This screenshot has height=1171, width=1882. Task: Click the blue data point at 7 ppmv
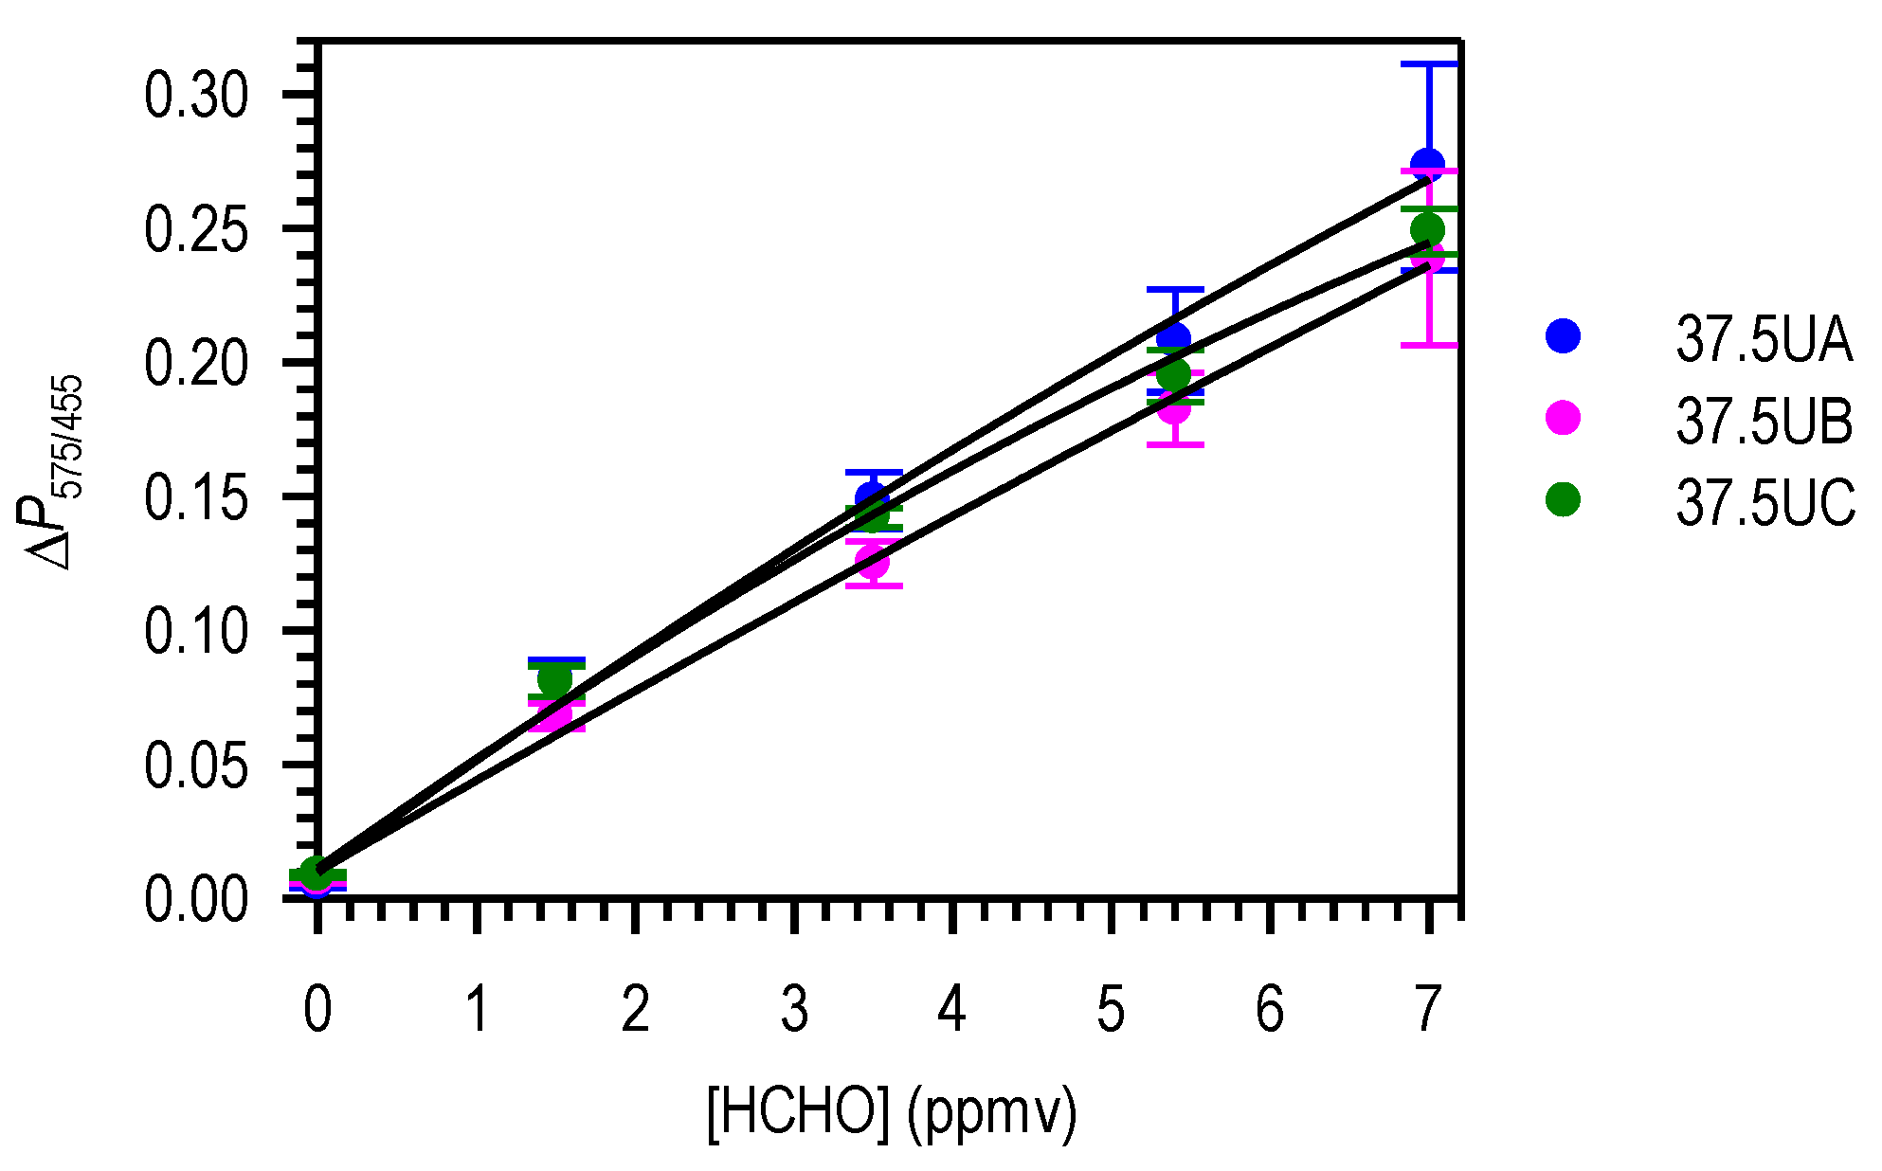[1427, 165]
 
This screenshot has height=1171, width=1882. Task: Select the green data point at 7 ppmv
[1427, 229]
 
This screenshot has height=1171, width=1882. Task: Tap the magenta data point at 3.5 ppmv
[873, 562]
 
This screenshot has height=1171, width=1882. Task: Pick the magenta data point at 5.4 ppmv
[1174, 408]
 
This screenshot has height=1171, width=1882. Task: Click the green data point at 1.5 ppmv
[555, 679]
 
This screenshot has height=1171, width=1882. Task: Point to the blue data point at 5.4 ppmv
[1174, 338]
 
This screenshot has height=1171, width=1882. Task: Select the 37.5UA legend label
[1764, 339]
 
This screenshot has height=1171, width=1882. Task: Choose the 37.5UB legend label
[1764, 421]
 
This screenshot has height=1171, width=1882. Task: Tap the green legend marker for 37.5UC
[1563, 499]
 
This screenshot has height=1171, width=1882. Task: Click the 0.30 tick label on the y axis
[196, 96]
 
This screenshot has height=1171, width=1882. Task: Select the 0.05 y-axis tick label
[196, 766]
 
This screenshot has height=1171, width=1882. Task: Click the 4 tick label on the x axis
[951, 1009]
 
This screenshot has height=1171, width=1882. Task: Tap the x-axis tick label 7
[1428, 1009]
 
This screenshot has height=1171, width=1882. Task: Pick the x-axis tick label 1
[478, 1009]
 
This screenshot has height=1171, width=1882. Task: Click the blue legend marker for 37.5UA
[1563, 335]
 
